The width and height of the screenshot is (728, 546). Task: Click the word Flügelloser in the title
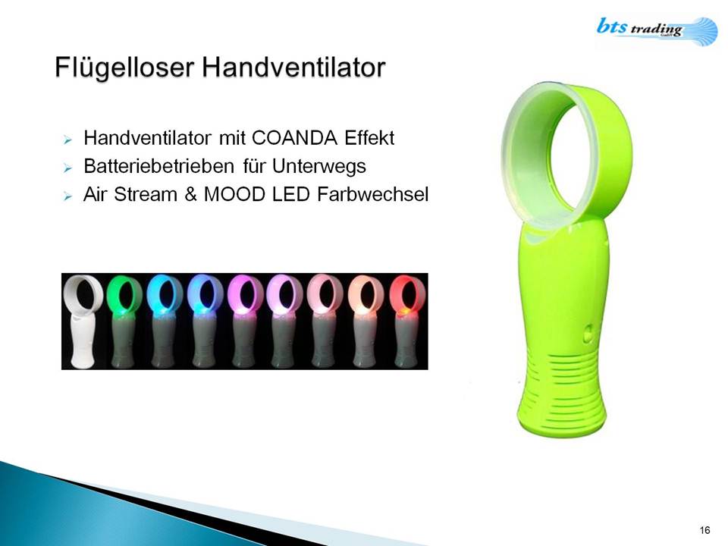tap(124, 67)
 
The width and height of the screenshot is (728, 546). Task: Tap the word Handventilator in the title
tap(293, 67)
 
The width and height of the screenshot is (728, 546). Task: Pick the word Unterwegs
tap(319, 167)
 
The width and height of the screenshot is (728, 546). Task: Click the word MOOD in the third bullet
tap(234, 195)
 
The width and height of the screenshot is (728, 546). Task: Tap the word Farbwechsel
tap(372, 195)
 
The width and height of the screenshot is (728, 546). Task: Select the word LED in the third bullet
tap(291, 195)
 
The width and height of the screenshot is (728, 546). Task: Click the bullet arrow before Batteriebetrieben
tap(67, 168)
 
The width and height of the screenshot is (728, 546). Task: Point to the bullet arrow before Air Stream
tap(67, 196)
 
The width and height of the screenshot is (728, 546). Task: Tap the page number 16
tap(704, 530)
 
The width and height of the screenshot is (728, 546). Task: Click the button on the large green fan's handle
tap(588, 334)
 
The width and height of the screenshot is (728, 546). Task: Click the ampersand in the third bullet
tap(191, 195)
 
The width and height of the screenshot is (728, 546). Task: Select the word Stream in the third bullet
tap(146, 195)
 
